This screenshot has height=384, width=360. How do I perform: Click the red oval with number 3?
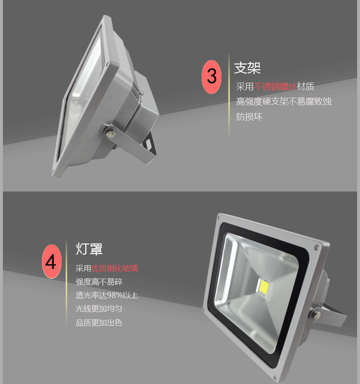(212, 77)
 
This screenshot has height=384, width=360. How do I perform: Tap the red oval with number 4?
(51, 261)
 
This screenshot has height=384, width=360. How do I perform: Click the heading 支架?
(247, 68)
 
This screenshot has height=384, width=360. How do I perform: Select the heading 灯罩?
(89, 249)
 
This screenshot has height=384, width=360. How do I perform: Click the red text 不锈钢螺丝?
(275, 87)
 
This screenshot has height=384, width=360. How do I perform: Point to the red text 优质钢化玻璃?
(115, 269)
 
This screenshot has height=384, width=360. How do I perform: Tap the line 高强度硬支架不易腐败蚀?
(284, 102)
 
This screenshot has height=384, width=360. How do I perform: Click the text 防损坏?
(249, 116)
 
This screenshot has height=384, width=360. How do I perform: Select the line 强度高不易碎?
(99, 282)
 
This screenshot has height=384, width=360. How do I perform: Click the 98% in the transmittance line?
(115, 295)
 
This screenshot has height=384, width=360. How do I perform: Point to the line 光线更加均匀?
(99, 308)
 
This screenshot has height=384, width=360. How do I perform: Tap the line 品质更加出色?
(99, 322)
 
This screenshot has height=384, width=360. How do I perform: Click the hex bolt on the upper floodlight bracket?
(110, 134)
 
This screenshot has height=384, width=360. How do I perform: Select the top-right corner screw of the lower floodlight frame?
(316, 248)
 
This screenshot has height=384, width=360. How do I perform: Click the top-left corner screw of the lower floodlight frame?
(219, 218)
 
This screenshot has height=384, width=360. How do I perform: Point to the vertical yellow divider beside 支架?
(229, 97)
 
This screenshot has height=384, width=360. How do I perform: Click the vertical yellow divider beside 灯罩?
(66, 283)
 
